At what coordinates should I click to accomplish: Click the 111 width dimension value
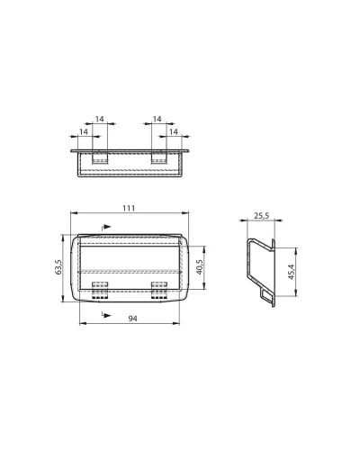pos(129,208)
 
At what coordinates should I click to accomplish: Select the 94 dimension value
pos(132,319)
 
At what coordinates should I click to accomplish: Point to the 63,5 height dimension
pos(58,266)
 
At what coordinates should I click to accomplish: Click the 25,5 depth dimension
pos(262,216)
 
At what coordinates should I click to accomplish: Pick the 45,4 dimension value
pos(292,272)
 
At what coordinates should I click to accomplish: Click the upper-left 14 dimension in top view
pos(100,119)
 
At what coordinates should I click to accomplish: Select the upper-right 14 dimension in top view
pos(157,119)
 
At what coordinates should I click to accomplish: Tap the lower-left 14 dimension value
pos(84,131)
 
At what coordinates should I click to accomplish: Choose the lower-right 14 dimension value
pos(174,131)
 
